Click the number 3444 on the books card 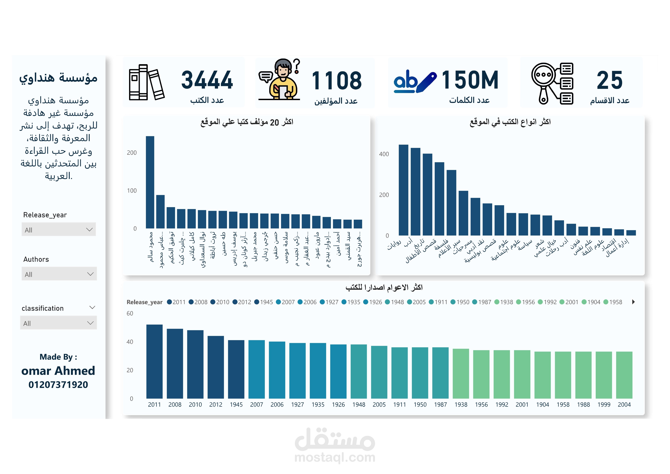point(207,80)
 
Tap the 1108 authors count point(336,81)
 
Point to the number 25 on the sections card point(609,80)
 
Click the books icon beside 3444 point(146,82)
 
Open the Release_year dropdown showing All point(59,230)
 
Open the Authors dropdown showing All point(59,274)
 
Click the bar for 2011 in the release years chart point(154,361)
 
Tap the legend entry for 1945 point(264,302)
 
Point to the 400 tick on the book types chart point(384,154)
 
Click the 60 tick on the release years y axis point(130,313)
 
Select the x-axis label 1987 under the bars point(440,404)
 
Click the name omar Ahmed point(58,371)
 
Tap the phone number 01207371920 point(58,385)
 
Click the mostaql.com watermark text point(335,457)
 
